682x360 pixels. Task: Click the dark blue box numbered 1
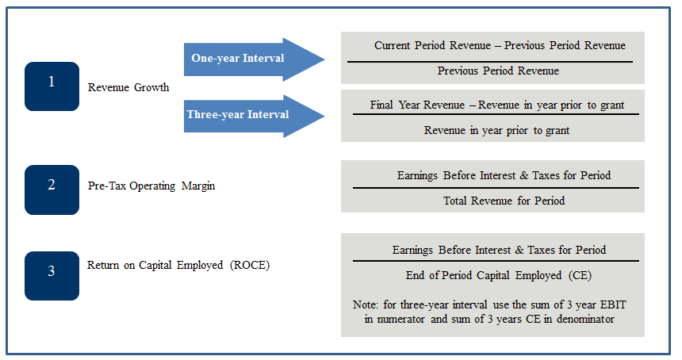(52, 86)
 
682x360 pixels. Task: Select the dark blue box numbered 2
(52, 190)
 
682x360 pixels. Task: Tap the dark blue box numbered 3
(52, 276)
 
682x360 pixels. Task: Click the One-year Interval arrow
(254, 59)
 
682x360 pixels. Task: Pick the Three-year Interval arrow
(254, 116)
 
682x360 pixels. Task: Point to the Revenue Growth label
(128, 87)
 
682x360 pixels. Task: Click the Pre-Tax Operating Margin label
(151, 186)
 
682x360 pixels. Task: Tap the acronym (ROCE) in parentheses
(250, 265)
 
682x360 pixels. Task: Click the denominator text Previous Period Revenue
(498, 71)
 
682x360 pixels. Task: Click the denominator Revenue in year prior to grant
(496, 130)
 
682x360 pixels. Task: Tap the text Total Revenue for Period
(504, 201)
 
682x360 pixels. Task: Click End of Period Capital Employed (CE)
(499, 276)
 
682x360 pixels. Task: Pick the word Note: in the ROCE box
(366, 304)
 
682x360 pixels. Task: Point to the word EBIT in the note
(613, 304)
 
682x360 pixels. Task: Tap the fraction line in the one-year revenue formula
(490, 62)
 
